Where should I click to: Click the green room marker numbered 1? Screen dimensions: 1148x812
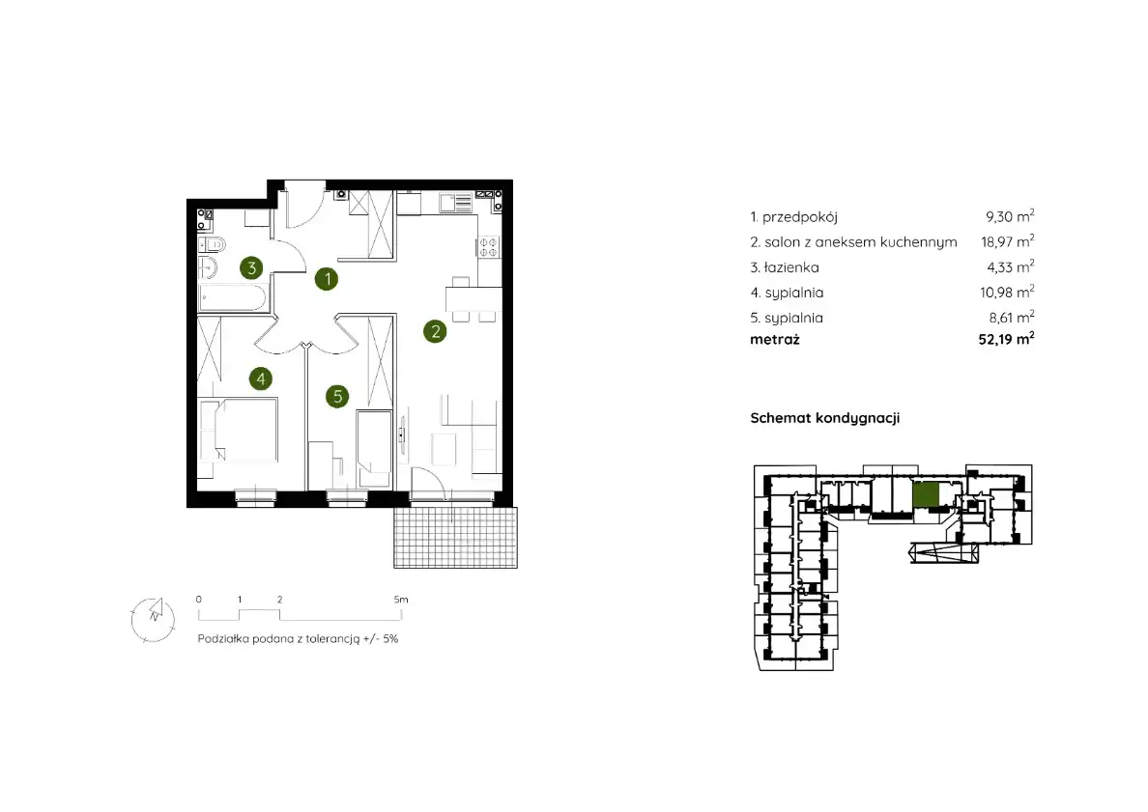[x=327, y=279]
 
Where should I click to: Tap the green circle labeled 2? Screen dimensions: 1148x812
[x=435, y=331]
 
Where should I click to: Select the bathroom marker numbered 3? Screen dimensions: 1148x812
[x=251, y=267]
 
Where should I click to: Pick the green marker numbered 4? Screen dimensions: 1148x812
[x=261, y=378]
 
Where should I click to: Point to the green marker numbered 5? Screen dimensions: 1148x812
[x=337, y=397]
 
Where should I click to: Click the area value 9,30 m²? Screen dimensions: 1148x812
[x=1010, y=216]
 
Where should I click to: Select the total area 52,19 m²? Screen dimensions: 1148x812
[x=1006, y=339]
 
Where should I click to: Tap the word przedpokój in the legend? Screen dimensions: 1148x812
[x=799, y=217]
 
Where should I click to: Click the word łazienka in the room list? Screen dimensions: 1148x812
[x=791, y=267]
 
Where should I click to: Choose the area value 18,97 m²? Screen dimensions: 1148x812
[x=1008, y=241]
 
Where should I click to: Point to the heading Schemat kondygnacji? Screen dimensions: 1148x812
[x=825, y=418]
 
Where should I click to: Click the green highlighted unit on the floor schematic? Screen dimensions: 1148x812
[x=926, y=494]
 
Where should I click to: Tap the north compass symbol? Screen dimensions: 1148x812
[x=153, y=620]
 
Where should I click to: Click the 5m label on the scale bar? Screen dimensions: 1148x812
[x=401, y=600]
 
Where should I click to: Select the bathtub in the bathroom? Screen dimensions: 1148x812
[x=232, y=297]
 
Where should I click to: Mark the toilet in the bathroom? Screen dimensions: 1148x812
[x=212, y=243]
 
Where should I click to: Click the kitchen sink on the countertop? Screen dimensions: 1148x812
[x=455, y=203]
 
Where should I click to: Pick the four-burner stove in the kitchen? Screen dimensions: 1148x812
[x=488, y=246]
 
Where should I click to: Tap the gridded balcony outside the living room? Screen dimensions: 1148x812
[x=455, y=538]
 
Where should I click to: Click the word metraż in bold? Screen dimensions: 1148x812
[x=775, y=340]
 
